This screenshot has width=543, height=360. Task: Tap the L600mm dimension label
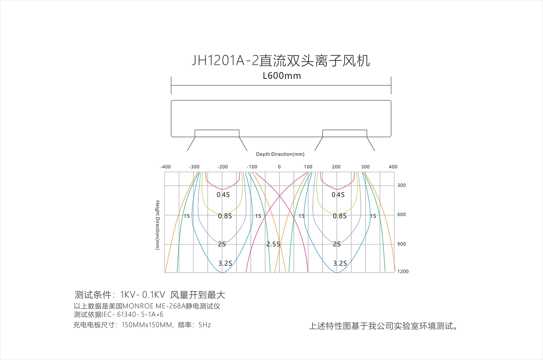(282, 76)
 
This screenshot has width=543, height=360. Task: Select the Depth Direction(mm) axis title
(280, 154)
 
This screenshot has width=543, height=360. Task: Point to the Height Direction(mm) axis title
(158, 225)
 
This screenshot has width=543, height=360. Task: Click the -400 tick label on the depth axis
(165, 167)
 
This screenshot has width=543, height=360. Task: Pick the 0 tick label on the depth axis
(279, 167)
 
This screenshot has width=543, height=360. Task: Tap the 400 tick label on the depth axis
(393, 167)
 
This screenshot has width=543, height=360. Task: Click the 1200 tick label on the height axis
(403, 271)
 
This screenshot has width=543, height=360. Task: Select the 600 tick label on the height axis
(402, 215)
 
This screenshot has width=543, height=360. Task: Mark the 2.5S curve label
(273, 244)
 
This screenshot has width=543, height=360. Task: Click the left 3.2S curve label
(225, 263)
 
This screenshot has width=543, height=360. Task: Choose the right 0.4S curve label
(338, 195)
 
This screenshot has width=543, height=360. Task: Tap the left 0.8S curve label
(225, 216)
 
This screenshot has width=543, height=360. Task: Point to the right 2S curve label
(337, 244)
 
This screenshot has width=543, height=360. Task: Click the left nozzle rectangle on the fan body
(217, 133)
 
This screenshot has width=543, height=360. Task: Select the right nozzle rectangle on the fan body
(345, 133)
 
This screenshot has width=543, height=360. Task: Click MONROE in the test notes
(138, 306)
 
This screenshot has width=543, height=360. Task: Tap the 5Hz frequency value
(205, 325)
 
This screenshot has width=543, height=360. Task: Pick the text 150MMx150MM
(147, 325)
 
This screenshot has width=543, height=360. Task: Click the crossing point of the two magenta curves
(279, 196)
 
